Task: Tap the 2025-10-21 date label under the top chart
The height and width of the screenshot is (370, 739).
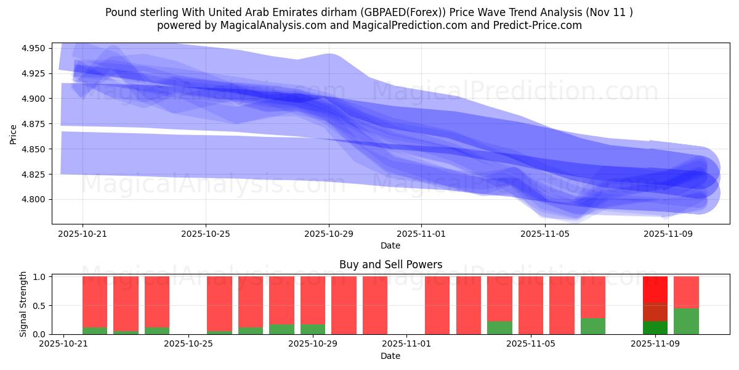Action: (83, 234)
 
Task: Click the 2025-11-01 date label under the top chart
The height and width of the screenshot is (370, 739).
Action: (421, 234)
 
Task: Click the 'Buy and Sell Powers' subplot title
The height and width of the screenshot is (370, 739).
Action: (390, 265)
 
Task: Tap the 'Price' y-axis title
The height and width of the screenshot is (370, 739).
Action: (14, 134)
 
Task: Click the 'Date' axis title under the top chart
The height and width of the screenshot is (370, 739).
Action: (390, 245)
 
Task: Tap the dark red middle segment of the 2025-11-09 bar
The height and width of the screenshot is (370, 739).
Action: (655, 312)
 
